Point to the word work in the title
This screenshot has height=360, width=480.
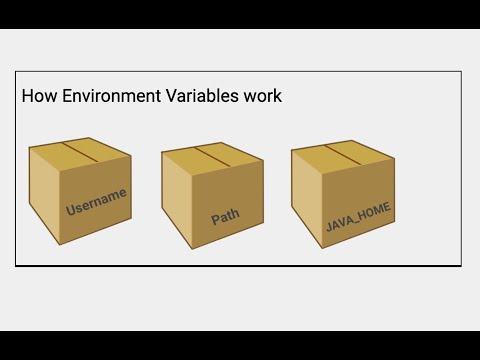click(262, 97)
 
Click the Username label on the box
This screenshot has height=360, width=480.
click(96, 201)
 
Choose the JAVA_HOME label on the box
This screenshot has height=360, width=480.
click(358, 215)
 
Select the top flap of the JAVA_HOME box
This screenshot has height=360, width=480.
click(340, 156)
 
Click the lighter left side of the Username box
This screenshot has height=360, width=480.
click(44, 195)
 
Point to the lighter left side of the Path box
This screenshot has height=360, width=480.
click(176, 197)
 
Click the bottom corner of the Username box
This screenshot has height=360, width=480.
click(62, 243)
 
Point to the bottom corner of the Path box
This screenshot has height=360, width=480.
click(193, 246)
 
